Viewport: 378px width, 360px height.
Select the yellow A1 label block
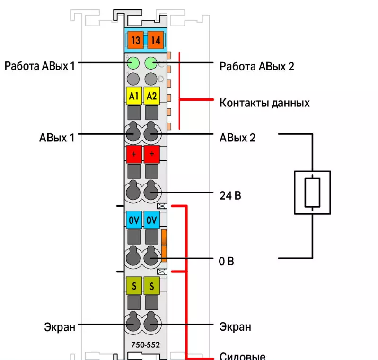click(x=134, y=96)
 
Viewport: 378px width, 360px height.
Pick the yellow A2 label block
click(x=151, y=96)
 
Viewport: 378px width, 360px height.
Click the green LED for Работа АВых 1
click(x=133, y=63)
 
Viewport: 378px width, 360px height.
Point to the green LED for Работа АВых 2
click(x=151, y=63)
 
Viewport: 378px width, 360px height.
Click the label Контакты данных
click(x=264, y=102)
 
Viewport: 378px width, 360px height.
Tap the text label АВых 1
click(x=57, y=138)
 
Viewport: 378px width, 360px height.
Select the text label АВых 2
click(x=237, y=138)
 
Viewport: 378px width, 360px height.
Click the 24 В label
click(x=230, y=194)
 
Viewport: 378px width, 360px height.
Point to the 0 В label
click(x=227, y=261)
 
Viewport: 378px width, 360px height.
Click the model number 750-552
click(x=143, y=345)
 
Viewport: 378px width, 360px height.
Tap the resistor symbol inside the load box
click(x=312, y=193)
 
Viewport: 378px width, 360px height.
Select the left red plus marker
click(x=134, y=154)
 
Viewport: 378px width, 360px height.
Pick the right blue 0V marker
click(x=151, y=220)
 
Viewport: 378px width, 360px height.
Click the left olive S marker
click(x=134, y=286)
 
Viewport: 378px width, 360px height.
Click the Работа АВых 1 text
click(x=40, y=65)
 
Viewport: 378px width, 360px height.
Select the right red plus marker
click(x=151, y=154)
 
